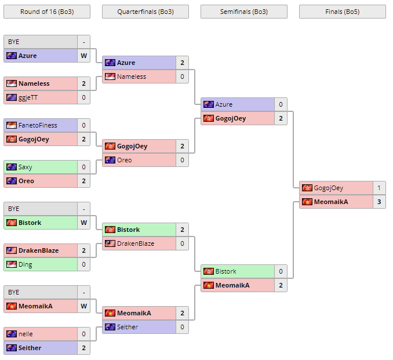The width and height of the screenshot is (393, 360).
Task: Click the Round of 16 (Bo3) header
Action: tap(46, 12)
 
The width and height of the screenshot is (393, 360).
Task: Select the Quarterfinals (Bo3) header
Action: tap(145, 12)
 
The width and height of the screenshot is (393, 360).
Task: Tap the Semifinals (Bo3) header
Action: tap(243, 12)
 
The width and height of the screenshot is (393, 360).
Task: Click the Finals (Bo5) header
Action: tap(342, 12)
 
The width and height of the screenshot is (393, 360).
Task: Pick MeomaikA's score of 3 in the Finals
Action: tap(379, 202)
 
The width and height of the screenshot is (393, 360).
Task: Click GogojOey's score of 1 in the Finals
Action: tap(379, 188)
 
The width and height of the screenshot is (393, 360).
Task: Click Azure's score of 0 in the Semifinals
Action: tap(280, 104)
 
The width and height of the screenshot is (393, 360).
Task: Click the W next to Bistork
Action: tap(83, 223)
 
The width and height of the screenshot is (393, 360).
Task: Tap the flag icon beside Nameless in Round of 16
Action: tap(11, 83)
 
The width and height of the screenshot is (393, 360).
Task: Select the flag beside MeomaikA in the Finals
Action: tap(307, 202)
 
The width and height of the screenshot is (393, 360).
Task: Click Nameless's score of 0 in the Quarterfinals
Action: tap(181, 77)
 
